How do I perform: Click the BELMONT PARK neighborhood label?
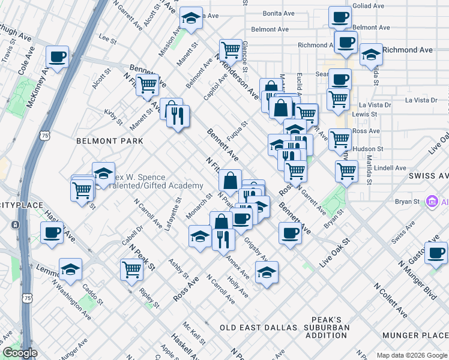point(110,141)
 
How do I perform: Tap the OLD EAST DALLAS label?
point(258,328)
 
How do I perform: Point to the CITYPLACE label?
point(22,206)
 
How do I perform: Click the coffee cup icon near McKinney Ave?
point(58,57)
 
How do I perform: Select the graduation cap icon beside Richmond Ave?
point(371,53)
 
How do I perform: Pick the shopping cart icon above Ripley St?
point(131,269)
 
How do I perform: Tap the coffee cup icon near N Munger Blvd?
point(436,252)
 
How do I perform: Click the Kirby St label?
point(113,116)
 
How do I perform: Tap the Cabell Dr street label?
point(133,239)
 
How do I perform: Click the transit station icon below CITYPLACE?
point(14,224)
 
